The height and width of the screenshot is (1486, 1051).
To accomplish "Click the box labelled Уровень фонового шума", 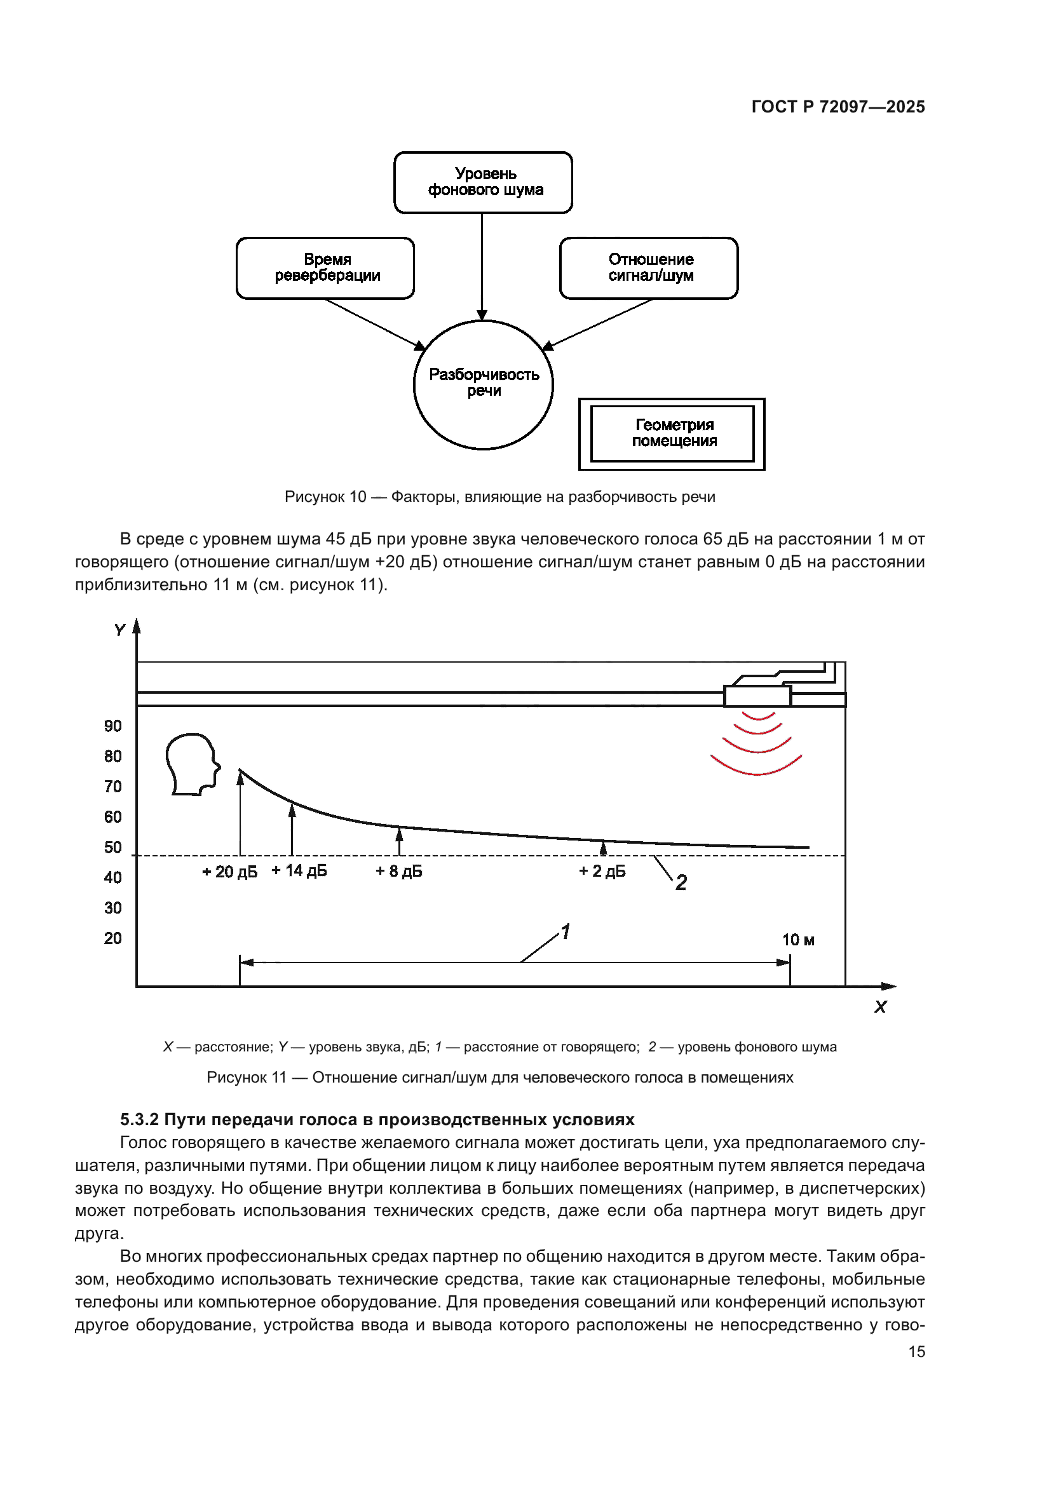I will [x=483, y=182].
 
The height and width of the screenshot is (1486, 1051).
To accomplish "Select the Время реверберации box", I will [x=325, y=268].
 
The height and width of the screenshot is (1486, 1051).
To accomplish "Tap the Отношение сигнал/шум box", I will [x=649, y=268].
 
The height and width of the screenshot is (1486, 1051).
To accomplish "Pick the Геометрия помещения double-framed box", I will [x=672, y=434].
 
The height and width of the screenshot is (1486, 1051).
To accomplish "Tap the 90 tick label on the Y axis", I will [x=112, y=726].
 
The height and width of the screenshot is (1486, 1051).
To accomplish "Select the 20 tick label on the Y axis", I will [x=112, y=938].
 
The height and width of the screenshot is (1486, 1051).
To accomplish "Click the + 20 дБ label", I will [x=230, y=872].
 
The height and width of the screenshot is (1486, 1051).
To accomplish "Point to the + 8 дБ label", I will [x=398, y=871].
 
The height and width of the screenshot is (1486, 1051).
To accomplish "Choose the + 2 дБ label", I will [x=602, y=871].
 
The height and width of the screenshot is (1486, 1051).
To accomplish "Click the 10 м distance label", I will [x=798, y=940].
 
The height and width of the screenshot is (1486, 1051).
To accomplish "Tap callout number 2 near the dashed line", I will [x=681, y=883].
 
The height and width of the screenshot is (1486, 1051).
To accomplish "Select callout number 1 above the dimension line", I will [x=566, y=932].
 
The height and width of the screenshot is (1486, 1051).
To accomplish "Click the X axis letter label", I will [x=880, y=1007].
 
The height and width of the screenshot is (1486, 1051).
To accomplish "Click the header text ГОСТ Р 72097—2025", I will [x=838, y=107].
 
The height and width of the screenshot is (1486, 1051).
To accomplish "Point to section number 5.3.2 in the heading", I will [x=139, y=1119].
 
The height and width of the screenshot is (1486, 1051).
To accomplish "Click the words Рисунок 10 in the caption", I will [x=325, y=497].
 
